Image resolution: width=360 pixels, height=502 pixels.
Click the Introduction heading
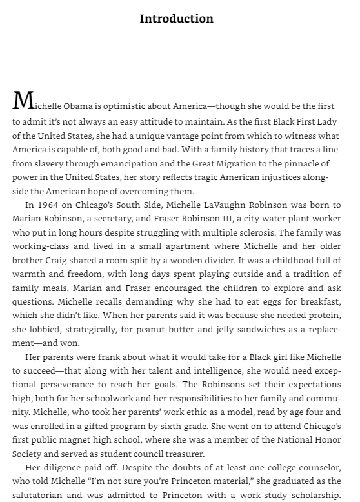(x=176, y=18)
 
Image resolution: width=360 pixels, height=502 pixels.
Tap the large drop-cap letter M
(x=23, y=101)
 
